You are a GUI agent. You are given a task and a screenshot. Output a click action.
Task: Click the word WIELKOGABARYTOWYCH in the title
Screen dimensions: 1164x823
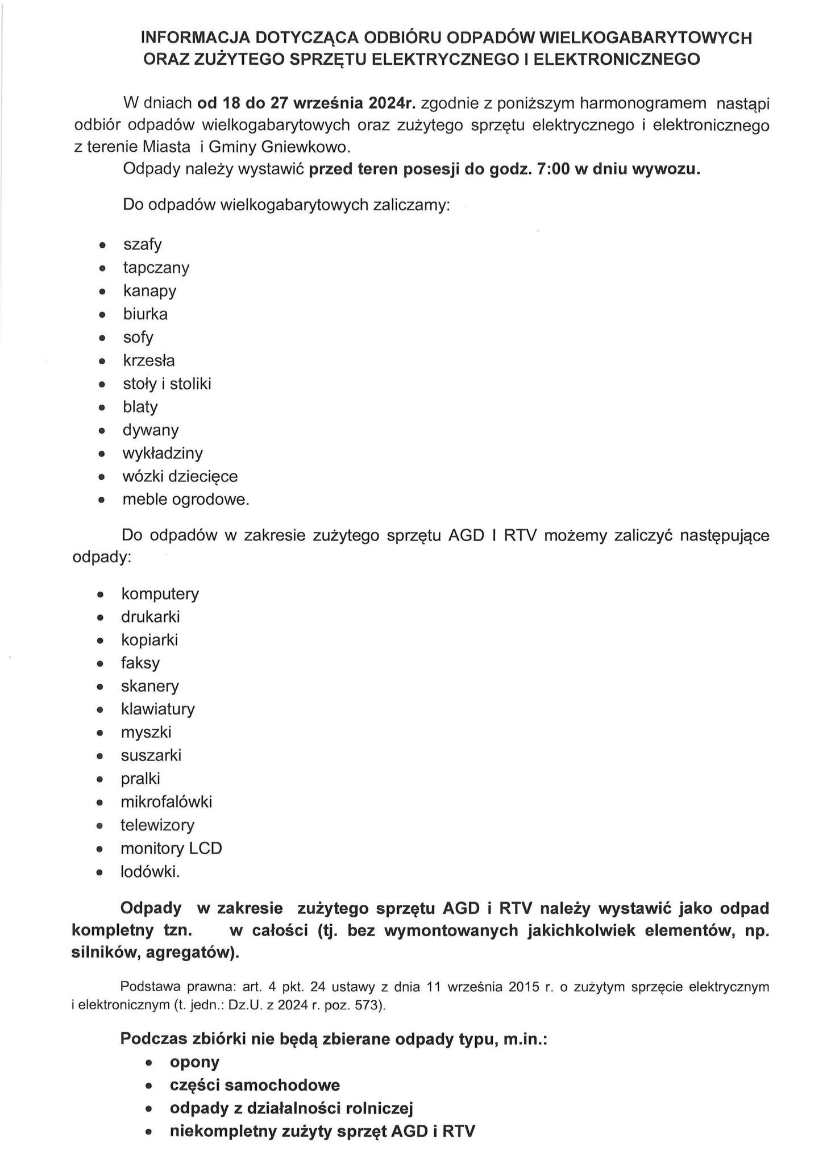tap(645, 38)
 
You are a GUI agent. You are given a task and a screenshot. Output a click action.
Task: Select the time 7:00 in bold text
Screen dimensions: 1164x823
tap(553, 170)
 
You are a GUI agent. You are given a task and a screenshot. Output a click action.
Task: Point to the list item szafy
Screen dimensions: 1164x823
tap(143, 245)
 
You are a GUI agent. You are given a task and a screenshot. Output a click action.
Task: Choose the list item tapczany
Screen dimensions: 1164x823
tap(156, 268)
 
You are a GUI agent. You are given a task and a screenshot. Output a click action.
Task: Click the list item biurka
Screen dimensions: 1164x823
tap(146, 314)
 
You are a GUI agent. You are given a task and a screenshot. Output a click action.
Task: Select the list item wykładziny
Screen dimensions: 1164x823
tap(163, 454)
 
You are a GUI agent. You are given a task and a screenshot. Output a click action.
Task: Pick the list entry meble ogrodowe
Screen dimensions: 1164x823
tap(186, 500)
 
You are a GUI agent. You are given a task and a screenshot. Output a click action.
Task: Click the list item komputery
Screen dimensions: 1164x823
tap(160, 594)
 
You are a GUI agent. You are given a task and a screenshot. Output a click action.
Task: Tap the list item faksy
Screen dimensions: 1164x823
tap(140, 663)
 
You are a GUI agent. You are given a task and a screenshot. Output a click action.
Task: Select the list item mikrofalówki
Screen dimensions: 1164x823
tap(166, 802)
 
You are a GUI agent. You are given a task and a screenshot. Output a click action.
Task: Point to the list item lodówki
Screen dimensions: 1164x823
tap(150, 872)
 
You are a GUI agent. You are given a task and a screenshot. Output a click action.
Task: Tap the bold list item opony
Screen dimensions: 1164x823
tap(194, 1062)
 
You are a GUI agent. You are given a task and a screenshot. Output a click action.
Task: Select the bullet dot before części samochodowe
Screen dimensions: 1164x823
tap(149, 1086)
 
